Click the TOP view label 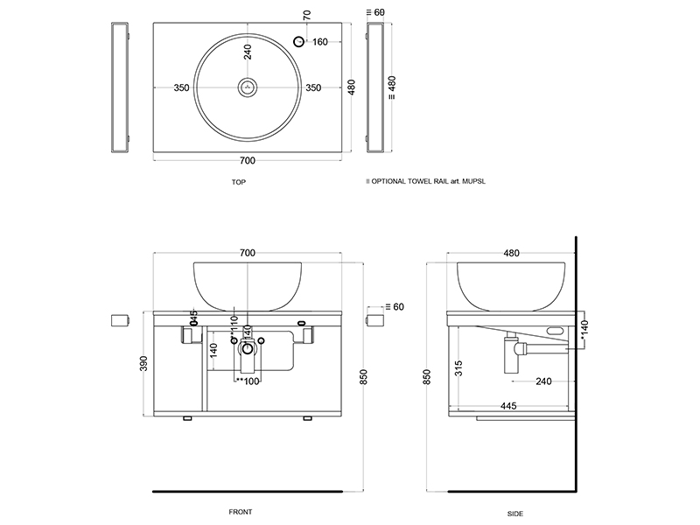click(239, 182)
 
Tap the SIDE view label click(514, 513)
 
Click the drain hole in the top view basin click(248, 87)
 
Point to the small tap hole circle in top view click(298, 42)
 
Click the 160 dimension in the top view click(320, 42)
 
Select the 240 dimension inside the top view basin click(248, 52)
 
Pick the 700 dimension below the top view click(248, 161)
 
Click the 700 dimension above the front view click(248, 253)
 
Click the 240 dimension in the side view click(543, 381)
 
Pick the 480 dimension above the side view click(512, 253)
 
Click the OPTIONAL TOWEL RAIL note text click(426, 182)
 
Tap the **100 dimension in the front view click(248, 381)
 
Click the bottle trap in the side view click(512, 353)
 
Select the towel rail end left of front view click(121, 319)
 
